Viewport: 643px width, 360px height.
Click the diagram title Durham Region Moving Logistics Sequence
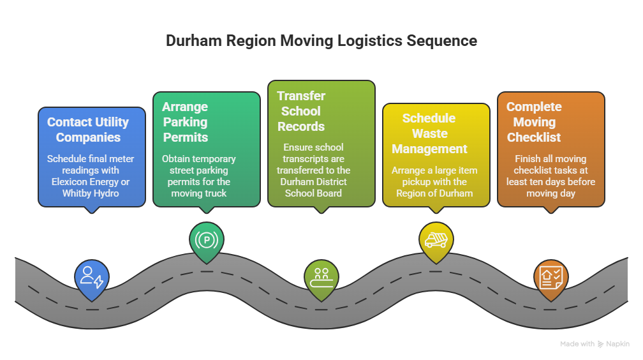coord(321,41)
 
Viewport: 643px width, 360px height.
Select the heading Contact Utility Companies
coord(88,130)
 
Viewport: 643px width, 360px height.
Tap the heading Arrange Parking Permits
coord(185,122)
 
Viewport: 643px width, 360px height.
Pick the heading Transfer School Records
coord(301,111)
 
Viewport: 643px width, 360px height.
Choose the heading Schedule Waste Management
coord(429,133)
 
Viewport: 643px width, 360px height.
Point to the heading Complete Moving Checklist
coord(534,122)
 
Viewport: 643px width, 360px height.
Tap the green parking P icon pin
coord(207,241)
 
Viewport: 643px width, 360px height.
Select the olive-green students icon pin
coord(321,276)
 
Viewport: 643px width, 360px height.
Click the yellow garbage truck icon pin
coord(436,240)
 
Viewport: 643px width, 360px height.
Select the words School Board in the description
coord(321,193)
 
